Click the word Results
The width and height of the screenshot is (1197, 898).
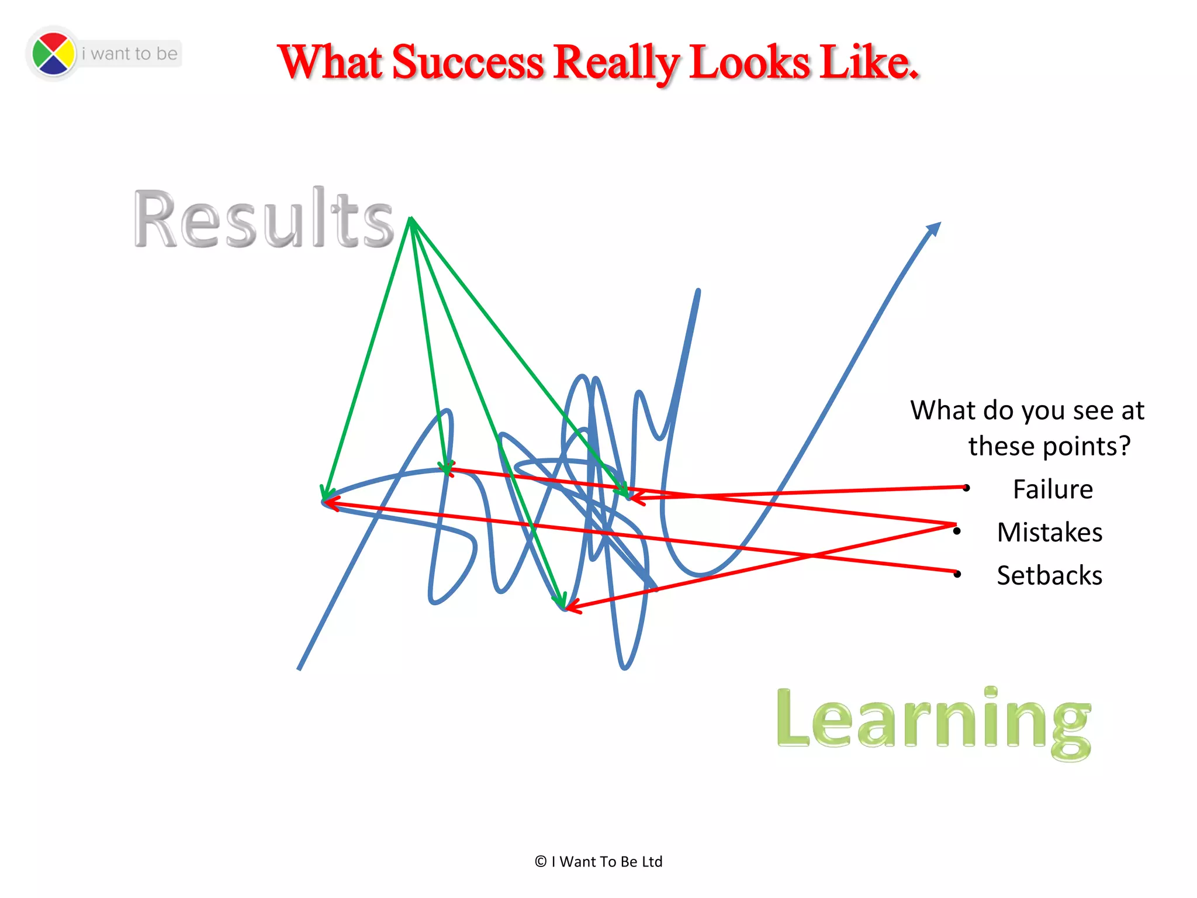tap(264, 219)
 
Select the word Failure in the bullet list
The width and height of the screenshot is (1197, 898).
tap(1053, 489)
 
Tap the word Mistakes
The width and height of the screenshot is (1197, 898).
tap(1050, 533)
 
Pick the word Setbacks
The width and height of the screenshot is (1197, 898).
tap(1050, 576)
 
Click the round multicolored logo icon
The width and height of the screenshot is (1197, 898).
tap(53, 54)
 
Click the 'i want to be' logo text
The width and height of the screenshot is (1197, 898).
tap(129, 54)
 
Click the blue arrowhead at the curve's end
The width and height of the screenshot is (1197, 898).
tap(934, 229)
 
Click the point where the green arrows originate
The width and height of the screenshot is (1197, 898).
tap(411, 219)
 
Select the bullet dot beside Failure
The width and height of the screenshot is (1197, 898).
tap(967, 488)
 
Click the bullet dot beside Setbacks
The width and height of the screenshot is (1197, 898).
tap(957, 575)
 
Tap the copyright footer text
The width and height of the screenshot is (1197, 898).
tap(598, 862)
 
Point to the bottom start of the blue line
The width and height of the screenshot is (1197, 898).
tap(299, 668)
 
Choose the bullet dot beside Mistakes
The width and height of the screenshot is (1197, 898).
tap(957, 531)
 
